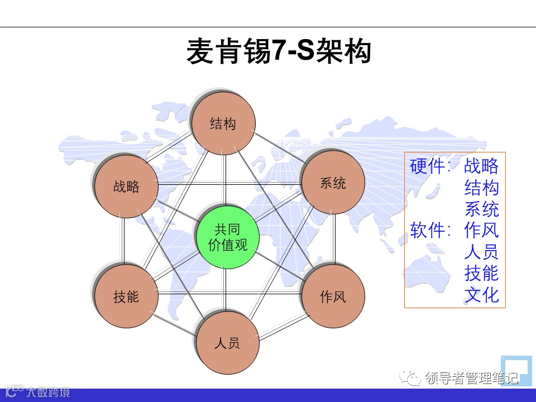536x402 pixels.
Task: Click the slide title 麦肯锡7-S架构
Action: [x=279, y=52]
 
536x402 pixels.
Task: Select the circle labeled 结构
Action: [x=223, y=123]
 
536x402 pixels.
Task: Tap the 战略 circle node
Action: [x=126, y=186]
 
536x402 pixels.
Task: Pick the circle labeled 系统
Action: [x=333, y=183]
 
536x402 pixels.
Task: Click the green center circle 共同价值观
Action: [x=227, y=237]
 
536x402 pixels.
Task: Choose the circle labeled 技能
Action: [x=126, y=296]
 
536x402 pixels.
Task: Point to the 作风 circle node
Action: [x=333, y=296]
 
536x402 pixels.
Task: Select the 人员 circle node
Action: [x=227, y=342]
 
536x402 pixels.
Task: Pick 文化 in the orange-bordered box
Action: [x=481, y=295]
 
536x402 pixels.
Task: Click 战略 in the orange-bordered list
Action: [x=481, y=166]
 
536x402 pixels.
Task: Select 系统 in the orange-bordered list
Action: [x=481, y=209]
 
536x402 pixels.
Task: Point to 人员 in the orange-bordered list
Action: [x=481, y=252]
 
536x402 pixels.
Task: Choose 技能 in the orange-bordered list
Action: [x=481, y=273]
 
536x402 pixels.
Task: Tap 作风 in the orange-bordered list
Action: [x=481, y=230]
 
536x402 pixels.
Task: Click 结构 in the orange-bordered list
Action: [x=481, y=188]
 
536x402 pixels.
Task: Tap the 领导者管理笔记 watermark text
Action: [x=472, y=379]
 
